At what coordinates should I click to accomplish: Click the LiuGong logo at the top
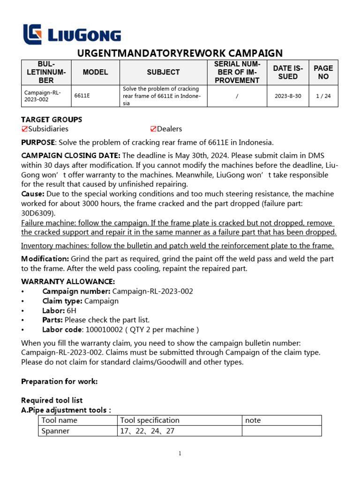pos(72,35)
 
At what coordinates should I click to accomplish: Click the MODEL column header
pos(95,72)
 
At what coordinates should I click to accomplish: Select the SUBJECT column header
pos(163,72)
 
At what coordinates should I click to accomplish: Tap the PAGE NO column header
pos(323,72)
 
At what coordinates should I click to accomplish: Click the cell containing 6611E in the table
pos(82,96)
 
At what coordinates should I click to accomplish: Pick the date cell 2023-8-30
pos(288,96)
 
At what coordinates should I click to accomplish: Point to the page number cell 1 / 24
pos(323,96)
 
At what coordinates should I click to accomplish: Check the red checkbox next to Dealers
pos(153,129)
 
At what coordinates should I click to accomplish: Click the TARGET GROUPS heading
pos(52,120)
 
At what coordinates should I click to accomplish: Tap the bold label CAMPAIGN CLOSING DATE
pos(71,156)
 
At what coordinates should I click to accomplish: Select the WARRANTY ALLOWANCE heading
pos(68,282)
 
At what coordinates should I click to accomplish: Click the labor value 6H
pos(72,310)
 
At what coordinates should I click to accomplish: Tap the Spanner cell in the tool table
pos(55,431)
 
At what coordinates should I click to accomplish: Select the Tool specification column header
pos(150,420)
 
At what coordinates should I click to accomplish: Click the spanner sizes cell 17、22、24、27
pos(147,431)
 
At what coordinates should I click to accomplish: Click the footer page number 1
pos(180,453)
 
